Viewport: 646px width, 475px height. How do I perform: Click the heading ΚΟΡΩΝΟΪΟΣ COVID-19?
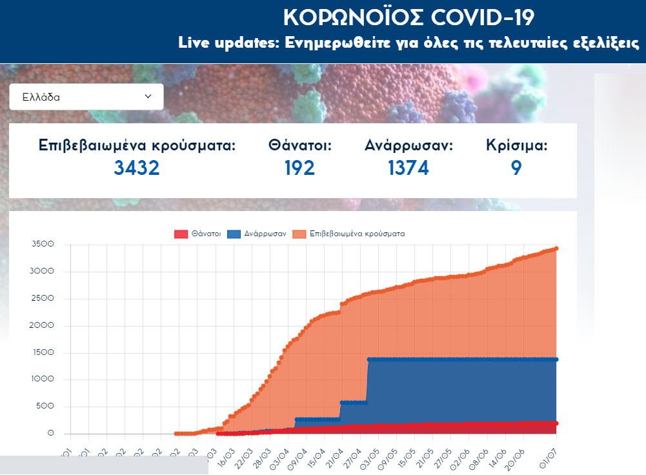pos(409,17)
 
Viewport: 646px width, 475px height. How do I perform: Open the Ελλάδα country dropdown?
pos(86,97)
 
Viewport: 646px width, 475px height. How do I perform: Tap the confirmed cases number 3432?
pos(136,168)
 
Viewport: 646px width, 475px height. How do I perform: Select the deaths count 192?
pos(299,168)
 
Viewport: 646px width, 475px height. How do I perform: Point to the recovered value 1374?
pos(408,168)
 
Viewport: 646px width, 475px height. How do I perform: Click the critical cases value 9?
pos(516,168)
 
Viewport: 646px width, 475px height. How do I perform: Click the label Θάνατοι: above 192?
pos(299,146)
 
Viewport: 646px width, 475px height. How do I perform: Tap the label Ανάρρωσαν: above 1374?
pos(409,146)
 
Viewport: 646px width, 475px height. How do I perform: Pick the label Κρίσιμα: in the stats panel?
pos(516,146)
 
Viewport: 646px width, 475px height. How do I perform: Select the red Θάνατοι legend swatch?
pos(181,234)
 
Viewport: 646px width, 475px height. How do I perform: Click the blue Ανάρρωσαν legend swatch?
pos(234,234)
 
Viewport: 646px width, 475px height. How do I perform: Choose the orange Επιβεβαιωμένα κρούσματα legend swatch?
pos(299,234)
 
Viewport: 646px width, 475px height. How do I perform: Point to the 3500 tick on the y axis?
pos(43,245)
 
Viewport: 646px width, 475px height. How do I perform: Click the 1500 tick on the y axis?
pos(43,353)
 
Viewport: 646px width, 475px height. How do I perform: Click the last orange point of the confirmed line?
pos(556,248)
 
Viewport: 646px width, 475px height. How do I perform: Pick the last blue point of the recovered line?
pos(556,359)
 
